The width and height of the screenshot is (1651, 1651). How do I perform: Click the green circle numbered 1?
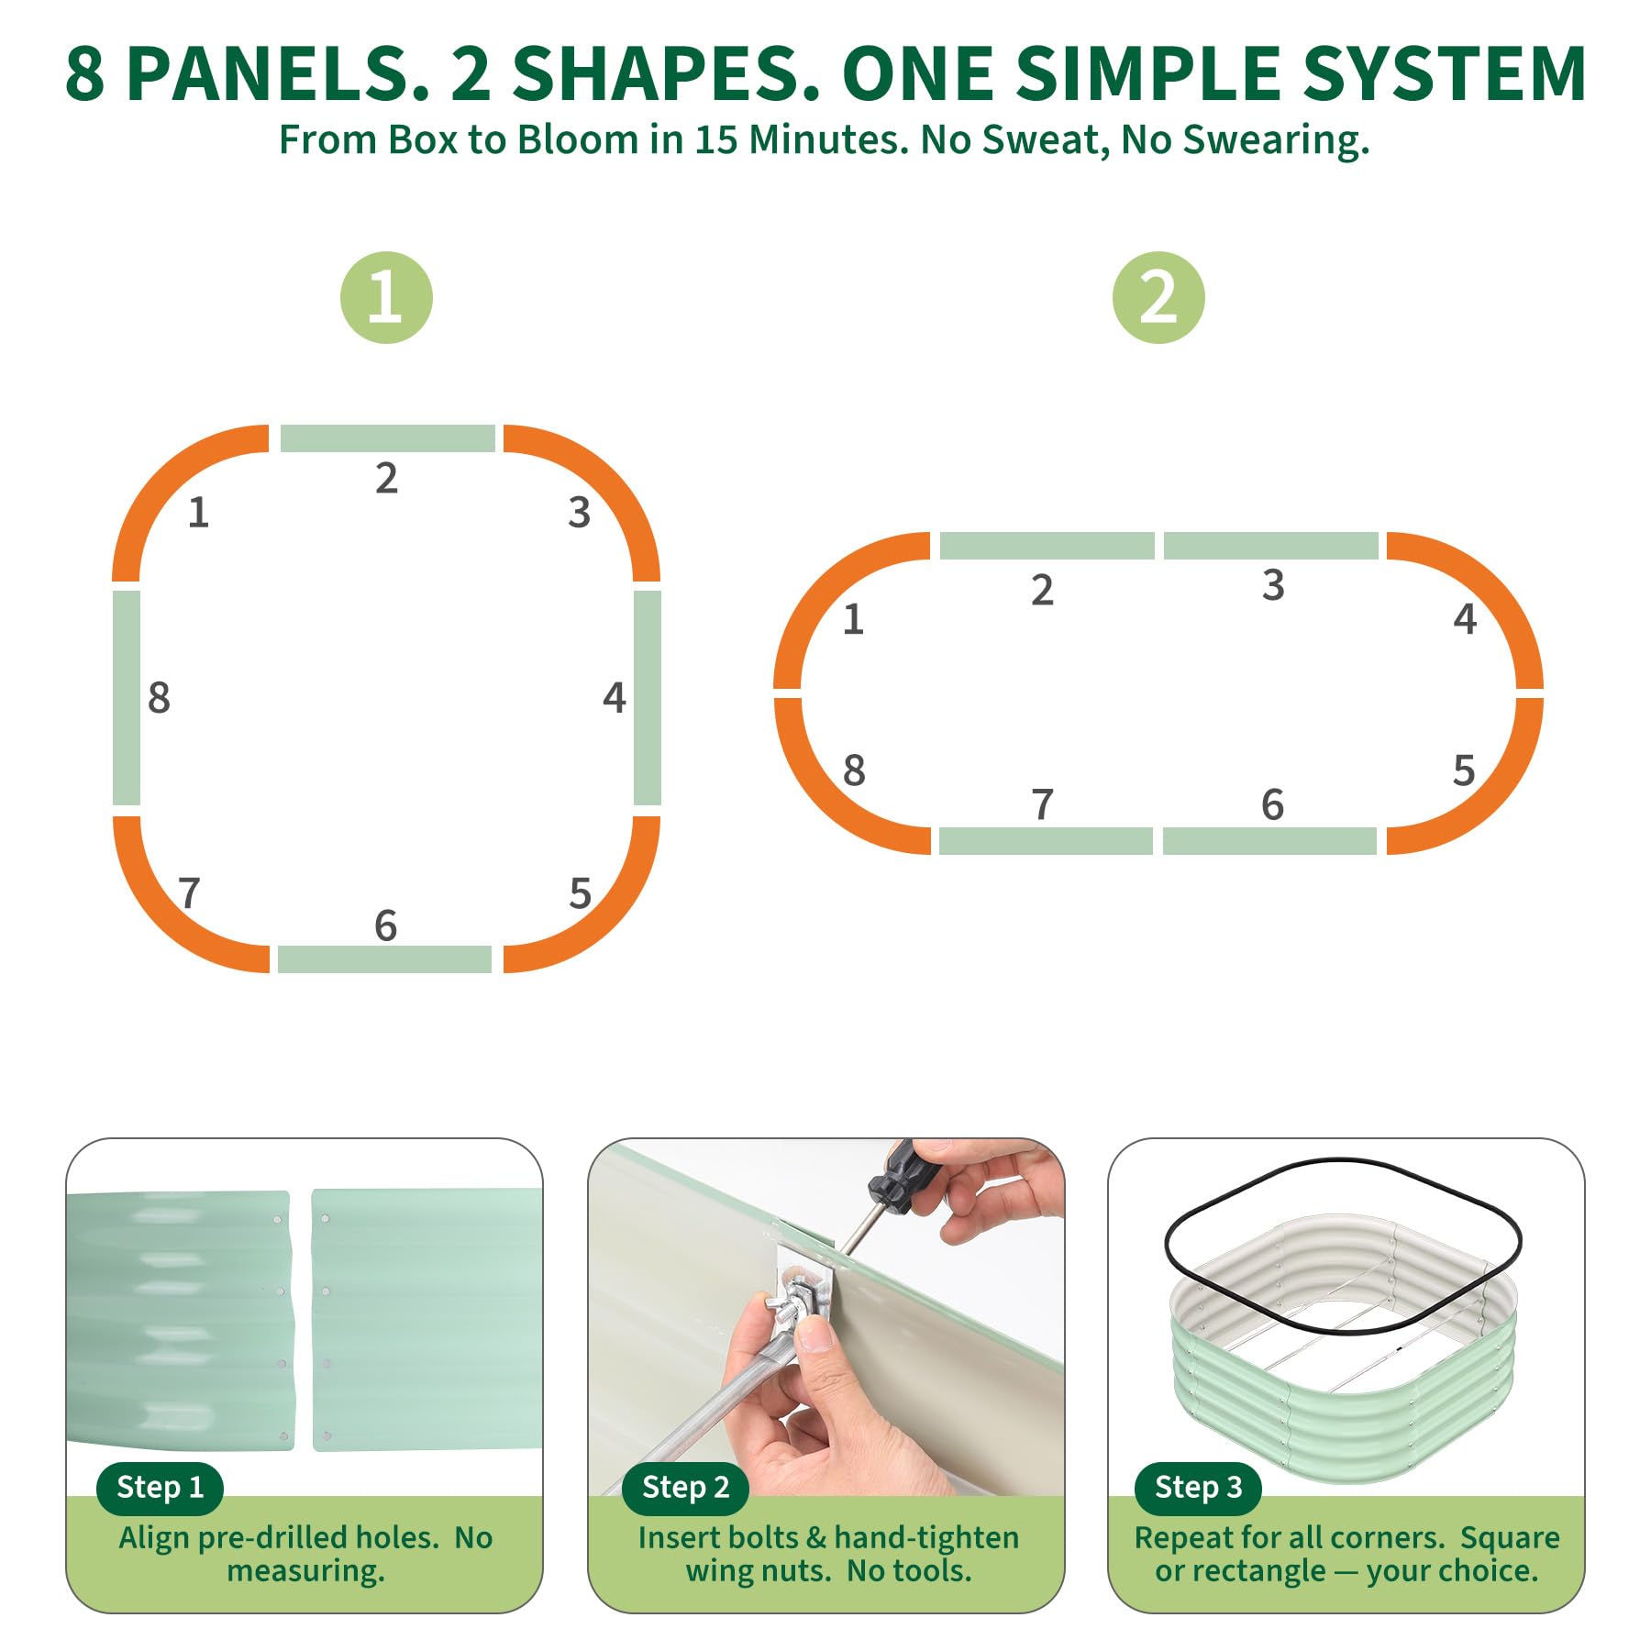386,298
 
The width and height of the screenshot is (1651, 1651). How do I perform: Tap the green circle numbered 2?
1158,298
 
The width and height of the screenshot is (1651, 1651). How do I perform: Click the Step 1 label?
161,1487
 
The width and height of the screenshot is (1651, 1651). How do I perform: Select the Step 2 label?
685,1487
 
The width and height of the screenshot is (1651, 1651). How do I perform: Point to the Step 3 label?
1198,1487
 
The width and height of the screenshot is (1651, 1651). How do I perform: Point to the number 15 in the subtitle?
715,140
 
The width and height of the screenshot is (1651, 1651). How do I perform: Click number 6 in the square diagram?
386,925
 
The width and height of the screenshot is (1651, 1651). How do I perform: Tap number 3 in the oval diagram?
1273,585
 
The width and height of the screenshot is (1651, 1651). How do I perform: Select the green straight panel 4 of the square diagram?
648,698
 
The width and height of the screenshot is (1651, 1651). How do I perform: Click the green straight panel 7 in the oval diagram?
1047,841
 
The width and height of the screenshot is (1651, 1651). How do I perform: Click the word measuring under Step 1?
305,1571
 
